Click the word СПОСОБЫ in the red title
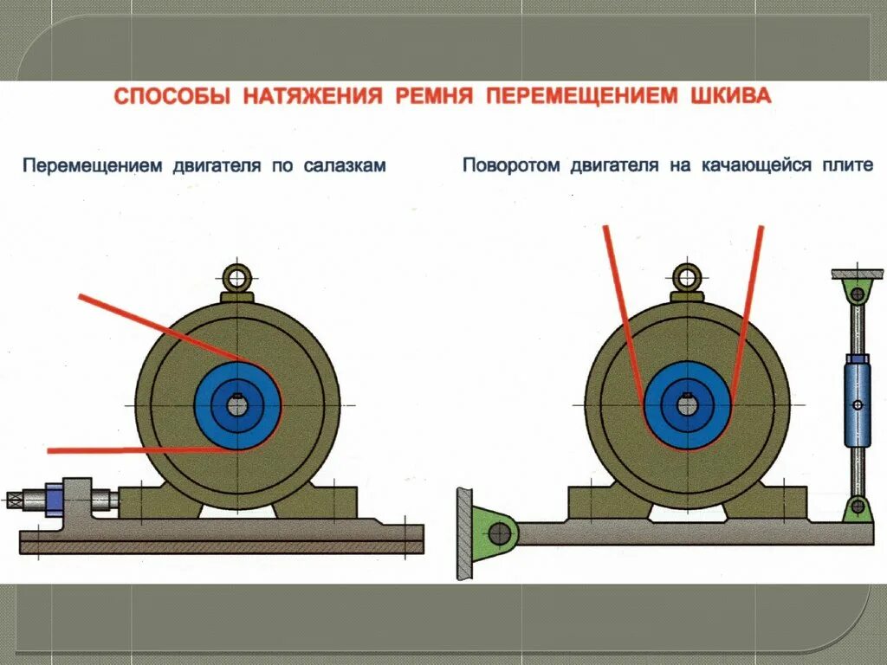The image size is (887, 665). (x=172, y=96)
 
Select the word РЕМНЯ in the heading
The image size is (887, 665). (x=434, y=95)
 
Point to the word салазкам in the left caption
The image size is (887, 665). (x=345, y=165)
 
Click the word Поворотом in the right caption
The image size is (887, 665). (x=510, y=165)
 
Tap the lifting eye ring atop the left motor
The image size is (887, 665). (x=236, y=277)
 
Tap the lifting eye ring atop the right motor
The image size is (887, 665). (x=688, y=276)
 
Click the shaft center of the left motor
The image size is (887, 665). (x=237, y=405)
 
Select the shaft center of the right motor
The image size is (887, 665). (x=688, y=404)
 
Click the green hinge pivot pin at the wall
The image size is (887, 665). (x=499, y=533)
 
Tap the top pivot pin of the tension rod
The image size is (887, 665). (x=857, y=294)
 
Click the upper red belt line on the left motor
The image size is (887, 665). (x=165, y=328)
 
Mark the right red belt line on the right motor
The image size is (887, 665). (x=748, y=312)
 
